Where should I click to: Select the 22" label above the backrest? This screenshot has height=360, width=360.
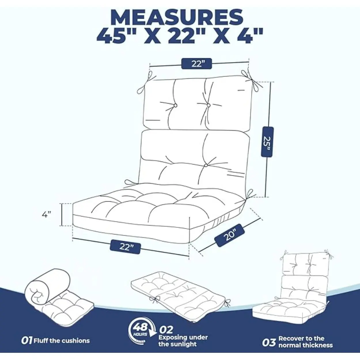(x=196, y=64)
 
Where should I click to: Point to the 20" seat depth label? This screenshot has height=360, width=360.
(x=230, y=235)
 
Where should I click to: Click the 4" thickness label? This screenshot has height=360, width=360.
(x=46, y=215)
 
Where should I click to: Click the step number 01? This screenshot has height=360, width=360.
(x=27, y=340)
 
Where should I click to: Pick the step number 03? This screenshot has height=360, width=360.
(x=269, y=343)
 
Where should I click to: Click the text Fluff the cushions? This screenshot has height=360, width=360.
(x=62, y=340)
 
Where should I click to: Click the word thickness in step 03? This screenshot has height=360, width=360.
(x=320, y=345)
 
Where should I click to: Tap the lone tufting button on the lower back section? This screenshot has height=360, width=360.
(x=206, y=165)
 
